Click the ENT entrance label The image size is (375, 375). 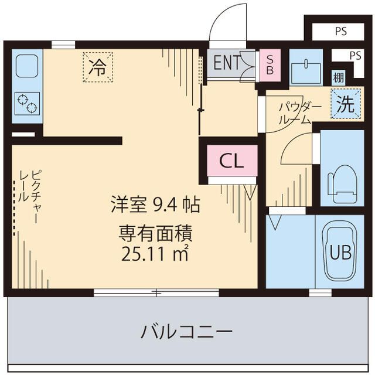[226, 63]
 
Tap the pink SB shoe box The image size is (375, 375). [270, 63]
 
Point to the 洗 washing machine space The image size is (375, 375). [345, 105]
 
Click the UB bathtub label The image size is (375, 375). [340, 253]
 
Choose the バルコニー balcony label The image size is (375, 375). [186, 333]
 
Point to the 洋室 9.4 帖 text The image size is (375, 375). [155, 205]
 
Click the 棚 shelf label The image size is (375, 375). [338, 77]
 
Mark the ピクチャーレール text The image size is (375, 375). [29, 193]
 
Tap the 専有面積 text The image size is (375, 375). [155, 234]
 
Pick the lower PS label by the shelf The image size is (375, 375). [355, 56]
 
